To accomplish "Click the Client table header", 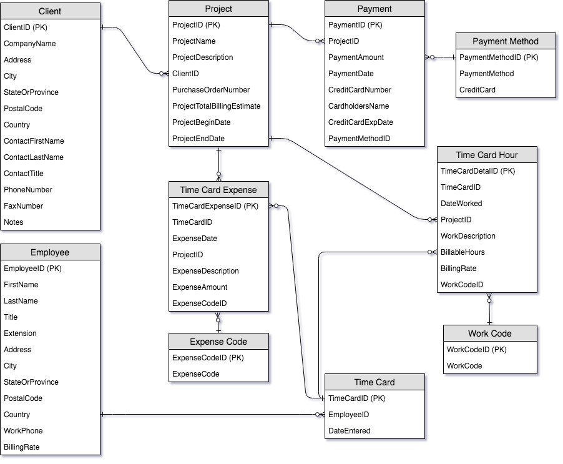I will (50, 11).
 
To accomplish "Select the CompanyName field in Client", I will (30, 44).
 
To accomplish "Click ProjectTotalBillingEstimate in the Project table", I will (216, 106).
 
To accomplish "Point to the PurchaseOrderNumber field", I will (211, 90).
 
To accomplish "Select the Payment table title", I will (375, 9).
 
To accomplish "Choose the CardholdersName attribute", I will (358, 106).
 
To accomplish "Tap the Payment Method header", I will (505, 41).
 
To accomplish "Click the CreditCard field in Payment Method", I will (477, 90).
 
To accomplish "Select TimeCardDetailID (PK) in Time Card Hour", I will (477, 171).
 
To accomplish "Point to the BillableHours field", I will (463, 252).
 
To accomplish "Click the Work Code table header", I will (489, 333).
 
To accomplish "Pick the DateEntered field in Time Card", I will (349, 431).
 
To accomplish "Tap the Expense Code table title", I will (218, 342).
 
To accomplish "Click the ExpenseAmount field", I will (200, 287).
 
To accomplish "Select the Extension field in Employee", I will (20, 333).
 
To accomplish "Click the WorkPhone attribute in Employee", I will (23, 431).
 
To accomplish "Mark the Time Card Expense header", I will (218, 190).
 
